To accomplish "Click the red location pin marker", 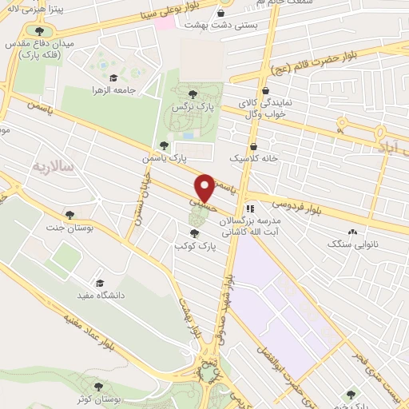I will pyautogui.click(x=205, y=187).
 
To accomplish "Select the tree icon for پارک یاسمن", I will pyautogui.click(x=164, y=145).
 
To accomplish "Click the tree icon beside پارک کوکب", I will pyautogui.click(x=195, y=232).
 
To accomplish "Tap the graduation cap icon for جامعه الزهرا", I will pyautogui.click(x=113, y=78).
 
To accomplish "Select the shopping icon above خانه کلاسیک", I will pyautogui.click(x=253, y=146).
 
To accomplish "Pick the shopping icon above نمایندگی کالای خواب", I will pyautogui.click(x=264, y=90).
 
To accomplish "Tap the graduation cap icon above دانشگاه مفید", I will pyautogui.click(x=100, y=283).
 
